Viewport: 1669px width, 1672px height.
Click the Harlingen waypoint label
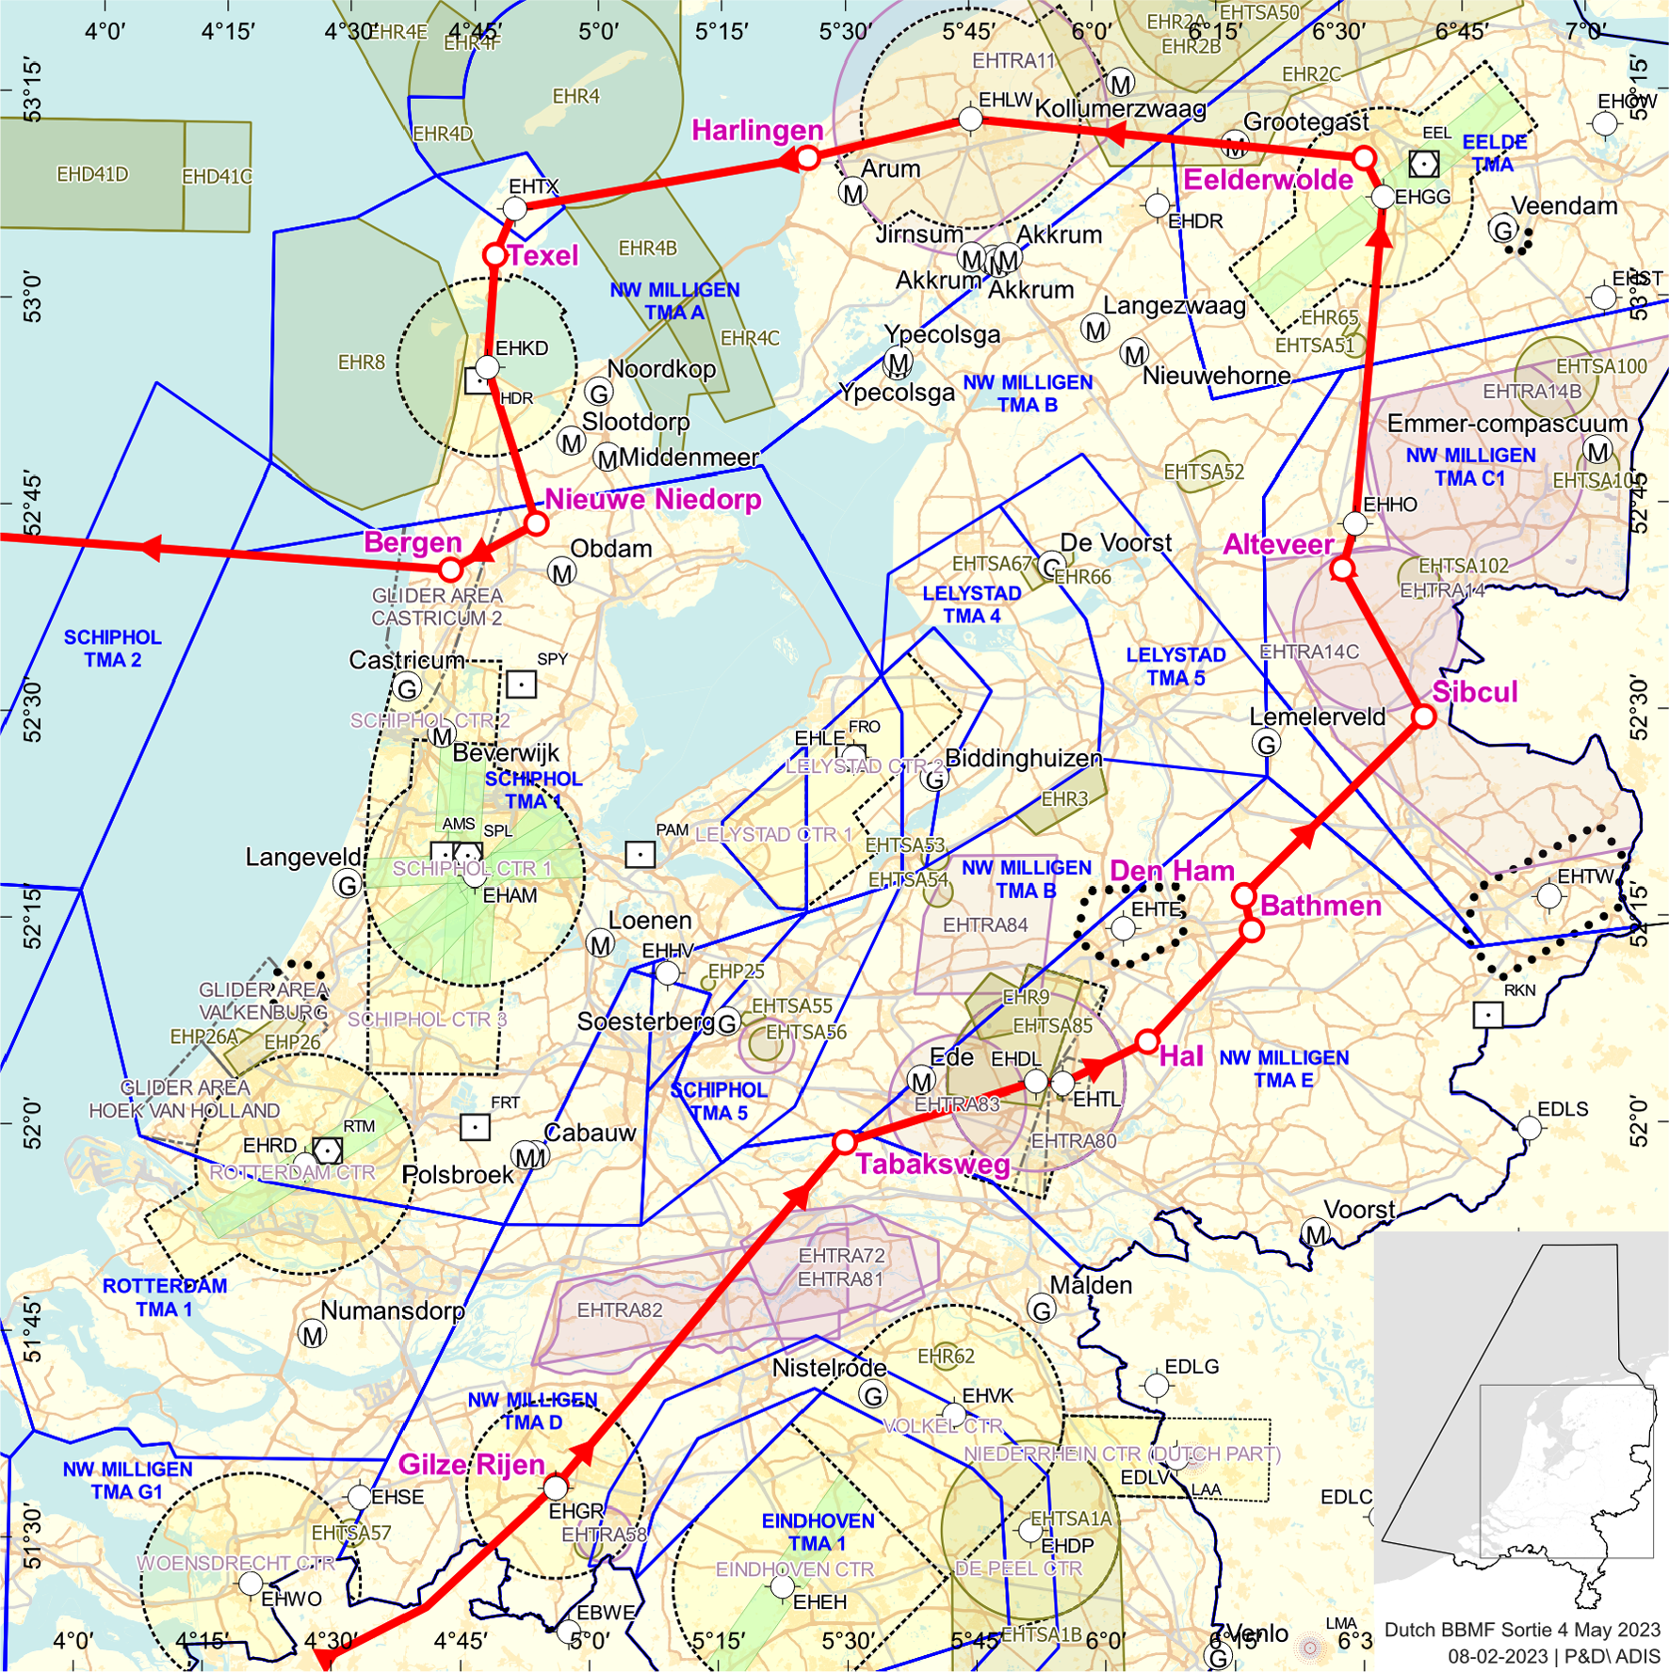757,130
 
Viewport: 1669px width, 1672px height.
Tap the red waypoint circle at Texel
494,255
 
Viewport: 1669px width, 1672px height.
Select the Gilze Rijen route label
471,1464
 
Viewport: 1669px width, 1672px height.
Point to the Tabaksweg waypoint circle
844,1142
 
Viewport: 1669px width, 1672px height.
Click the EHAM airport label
510,895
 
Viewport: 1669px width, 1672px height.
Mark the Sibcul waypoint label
1474,692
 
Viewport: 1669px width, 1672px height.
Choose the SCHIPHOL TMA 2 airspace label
112,649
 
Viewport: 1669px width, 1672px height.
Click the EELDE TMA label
1494,153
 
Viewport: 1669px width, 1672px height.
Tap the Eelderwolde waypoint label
1267,180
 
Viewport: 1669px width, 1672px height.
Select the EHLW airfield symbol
970,120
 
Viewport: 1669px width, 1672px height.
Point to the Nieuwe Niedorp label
653,499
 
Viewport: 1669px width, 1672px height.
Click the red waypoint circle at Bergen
451,569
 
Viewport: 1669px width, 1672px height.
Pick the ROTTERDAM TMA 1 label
165,1297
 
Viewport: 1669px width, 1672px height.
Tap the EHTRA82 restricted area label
620,1310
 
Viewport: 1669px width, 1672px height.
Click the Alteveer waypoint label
1277,544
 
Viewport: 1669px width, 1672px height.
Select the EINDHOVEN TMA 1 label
818,1532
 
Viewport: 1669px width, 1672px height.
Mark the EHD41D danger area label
92,174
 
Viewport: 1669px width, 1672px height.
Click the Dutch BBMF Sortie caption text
1521,1630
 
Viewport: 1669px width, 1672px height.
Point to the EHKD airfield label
521,348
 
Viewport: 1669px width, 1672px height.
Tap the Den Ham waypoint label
1171,871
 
